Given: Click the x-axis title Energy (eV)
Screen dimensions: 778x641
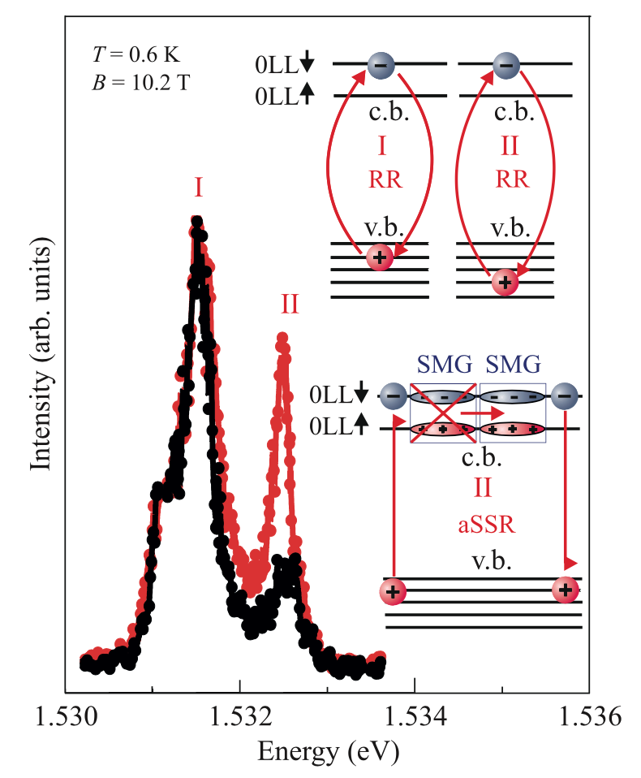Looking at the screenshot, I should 328,753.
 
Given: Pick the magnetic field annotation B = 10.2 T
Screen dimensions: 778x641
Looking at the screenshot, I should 136,83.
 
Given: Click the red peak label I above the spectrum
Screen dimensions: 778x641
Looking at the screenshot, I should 198,188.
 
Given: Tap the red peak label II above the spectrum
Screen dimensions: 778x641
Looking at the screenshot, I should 290,305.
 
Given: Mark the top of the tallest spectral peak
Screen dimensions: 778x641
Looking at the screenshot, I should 196,221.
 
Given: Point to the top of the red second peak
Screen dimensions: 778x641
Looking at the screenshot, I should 282,336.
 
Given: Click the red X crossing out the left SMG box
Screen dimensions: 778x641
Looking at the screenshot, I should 442,413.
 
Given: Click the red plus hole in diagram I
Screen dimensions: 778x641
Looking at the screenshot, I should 380,257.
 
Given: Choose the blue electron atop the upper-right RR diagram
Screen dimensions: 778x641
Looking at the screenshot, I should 506,64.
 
